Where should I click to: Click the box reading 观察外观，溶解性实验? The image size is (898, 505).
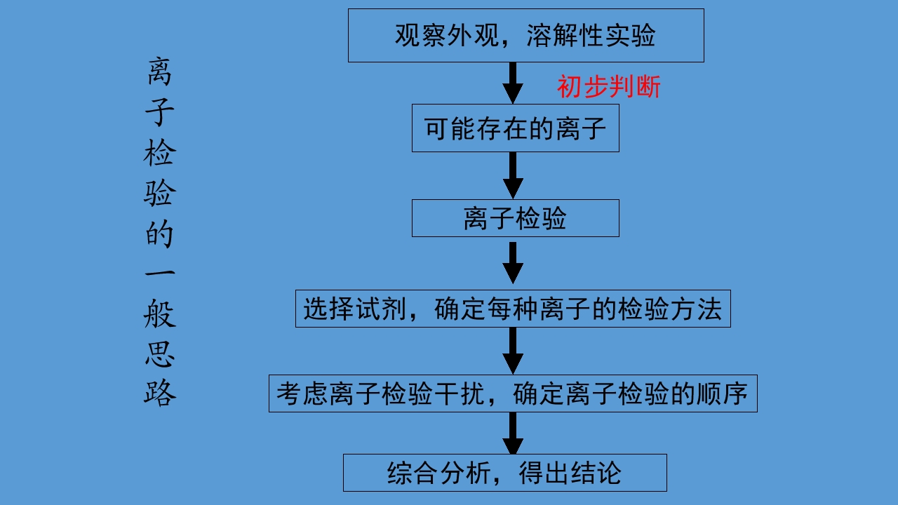[x=525, y=35]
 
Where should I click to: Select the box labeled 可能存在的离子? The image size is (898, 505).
[x=515, y=128]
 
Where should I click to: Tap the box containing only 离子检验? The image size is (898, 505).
[x=515, y=218]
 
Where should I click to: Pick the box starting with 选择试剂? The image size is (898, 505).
[x=513, y=309]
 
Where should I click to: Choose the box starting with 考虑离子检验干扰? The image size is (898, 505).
[x=513, y=393]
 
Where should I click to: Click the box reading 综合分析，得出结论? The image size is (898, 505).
[x=504, y=472]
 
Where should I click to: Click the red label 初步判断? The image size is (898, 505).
[x=609, y=87]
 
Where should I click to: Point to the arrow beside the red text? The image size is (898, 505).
[x=513, y=83]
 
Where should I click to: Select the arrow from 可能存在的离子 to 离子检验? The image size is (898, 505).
[x=513, y=175]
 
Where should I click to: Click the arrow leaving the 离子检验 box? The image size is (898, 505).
[x=513, y=263]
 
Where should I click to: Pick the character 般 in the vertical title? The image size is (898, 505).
[x=160, y=314]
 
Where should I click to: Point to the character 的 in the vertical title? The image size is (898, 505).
[x=160, y=233]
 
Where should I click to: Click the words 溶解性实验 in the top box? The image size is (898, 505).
[x=591, y=35]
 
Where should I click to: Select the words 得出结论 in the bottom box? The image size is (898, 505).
[x=570, y=472]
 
